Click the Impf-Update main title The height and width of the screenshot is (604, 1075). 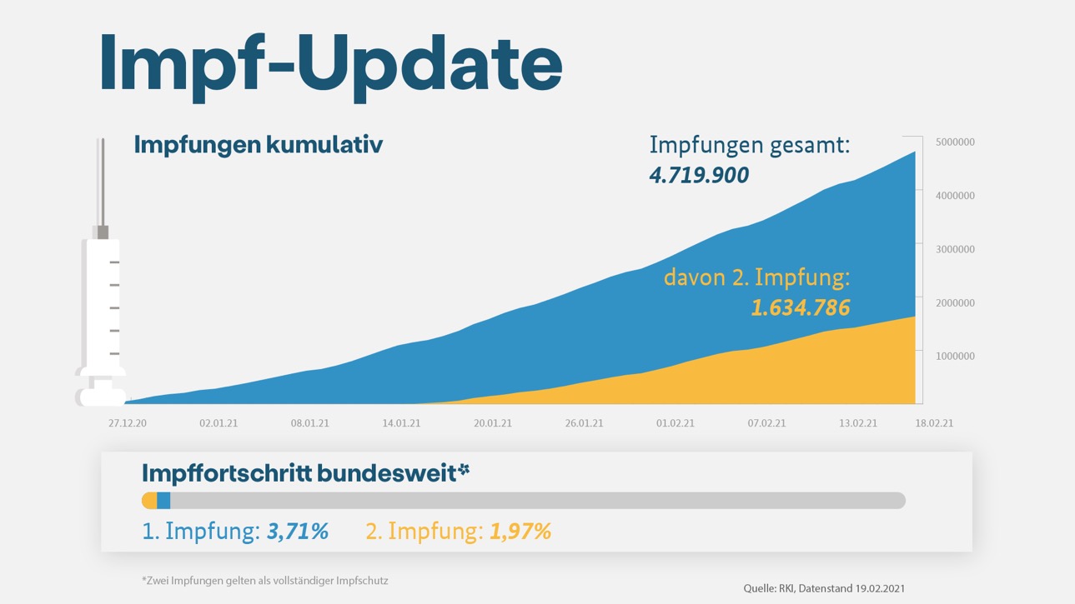pos(330,64)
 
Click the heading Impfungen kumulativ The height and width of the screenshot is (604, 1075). pos(258,144)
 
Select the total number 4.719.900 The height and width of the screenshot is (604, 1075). pos(699,175)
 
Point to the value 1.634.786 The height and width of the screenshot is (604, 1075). pos(800,308)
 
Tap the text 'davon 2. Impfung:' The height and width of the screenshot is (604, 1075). pos(756,277)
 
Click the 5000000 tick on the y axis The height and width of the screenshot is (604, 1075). pos(954,142)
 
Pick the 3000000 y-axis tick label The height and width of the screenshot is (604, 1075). pos(954,249)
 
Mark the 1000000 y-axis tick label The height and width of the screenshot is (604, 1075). pos(954,356)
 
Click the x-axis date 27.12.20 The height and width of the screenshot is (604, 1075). pos(127,423)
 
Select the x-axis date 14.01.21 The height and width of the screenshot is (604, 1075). pos(401,423)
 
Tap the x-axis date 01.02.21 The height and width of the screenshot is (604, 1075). pos(675,423)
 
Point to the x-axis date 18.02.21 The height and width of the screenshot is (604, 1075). pos(934,423)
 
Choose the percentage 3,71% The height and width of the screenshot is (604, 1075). pos(297,532)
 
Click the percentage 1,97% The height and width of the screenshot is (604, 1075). pos(520,532)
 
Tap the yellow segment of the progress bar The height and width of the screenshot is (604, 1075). pos(150,501)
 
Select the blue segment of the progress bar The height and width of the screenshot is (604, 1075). pos(163,501)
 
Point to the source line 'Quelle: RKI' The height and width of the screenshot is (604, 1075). pos(823,588)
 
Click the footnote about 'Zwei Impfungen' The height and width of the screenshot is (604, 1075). pos(264,580)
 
